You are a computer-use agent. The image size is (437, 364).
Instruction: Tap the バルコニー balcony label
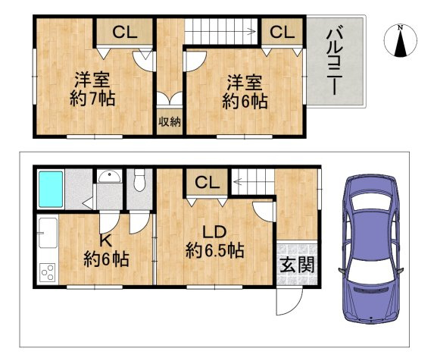click(335, 61)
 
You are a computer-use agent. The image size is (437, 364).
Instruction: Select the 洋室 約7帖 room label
click(94, 89)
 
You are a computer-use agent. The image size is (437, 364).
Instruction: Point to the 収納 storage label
click(169, 122)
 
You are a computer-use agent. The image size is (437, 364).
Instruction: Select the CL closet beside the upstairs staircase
click(281, 33)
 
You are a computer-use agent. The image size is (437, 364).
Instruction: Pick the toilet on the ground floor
click(139, 182)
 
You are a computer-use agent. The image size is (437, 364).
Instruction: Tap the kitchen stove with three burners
click(47, 271)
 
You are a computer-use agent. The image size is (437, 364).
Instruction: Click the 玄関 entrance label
click(296, 265)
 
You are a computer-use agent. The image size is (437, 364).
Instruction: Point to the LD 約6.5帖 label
click(215, 241)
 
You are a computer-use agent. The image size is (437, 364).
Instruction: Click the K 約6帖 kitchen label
click(105, 249)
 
